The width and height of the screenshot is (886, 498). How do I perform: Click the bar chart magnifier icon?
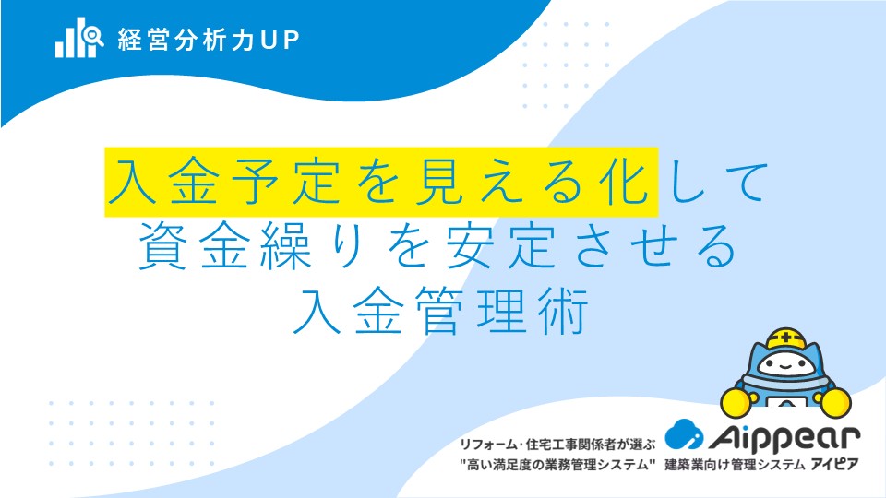click(79, 38)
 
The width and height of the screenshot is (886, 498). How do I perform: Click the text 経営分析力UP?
click(209, 40)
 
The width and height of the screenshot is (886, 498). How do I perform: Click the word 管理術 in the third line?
click(502, 311)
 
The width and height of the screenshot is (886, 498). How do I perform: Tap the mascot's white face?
click(786, 365)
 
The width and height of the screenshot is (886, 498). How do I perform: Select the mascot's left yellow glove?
click(736, 401)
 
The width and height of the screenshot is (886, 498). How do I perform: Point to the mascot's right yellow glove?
click(835, 401)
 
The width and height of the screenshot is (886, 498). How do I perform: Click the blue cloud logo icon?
click(684, 434)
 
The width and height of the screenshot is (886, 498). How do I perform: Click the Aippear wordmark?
click(784, 438)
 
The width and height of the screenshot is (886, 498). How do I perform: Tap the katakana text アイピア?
click(834, 465)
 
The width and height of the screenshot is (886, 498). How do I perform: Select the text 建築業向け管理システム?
click(735, 465)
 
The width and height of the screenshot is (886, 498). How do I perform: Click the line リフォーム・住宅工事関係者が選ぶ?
click(557, 445)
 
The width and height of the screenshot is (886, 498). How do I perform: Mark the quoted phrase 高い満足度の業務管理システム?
click(557, 465)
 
